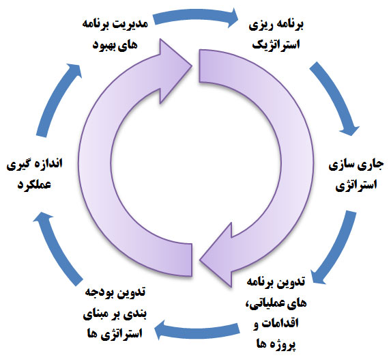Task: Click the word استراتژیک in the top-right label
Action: [x=276, y=45]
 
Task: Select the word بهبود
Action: [x=104, y=46]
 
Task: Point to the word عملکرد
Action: [x=34, y=184]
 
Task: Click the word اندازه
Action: [x=49, y=165]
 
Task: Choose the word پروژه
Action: [x=283, y=344]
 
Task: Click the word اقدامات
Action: [x=282, y=323]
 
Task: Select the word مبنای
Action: [x=96, y=314]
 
